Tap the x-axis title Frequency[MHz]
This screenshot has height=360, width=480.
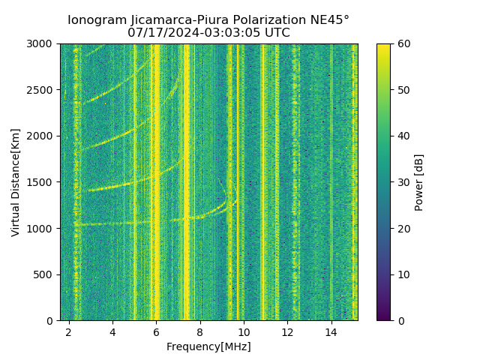(x=208, y=346)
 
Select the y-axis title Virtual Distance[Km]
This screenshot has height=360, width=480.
(x=16, y=182)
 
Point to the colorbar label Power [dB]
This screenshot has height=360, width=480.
(x=419, y=182)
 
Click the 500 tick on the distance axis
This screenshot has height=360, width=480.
(x=46, y=274)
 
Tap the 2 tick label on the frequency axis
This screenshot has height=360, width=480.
(x=69, y=331)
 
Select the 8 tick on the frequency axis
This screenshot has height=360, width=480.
(x=200, y=331)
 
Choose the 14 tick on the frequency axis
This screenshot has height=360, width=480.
(x=331, y=331)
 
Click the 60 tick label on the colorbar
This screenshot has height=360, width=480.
(x=403, y=43)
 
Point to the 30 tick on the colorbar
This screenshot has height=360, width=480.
(x=403, y=182)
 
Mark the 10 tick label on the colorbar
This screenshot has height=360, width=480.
(x=403, y=274)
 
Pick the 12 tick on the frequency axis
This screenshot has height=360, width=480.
(x=287, y=331)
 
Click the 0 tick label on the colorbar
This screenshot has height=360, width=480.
(x=400, y=320)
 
